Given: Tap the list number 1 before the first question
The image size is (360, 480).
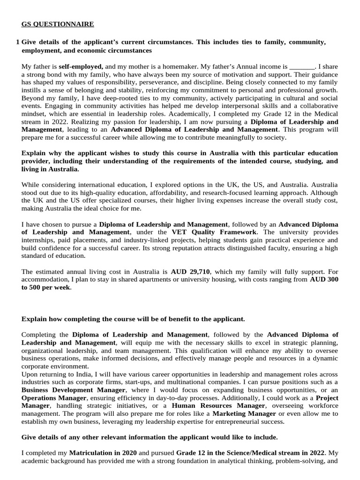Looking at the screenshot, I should coord(17,42).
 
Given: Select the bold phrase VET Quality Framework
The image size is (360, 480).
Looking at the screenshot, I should coord(214,232).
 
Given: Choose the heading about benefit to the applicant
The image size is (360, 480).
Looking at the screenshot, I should coord(133,319).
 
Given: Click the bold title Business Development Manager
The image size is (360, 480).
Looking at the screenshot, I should coord(73,390).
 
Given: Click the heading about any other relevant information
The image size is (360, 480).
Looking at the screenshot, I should coord(150,437).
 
